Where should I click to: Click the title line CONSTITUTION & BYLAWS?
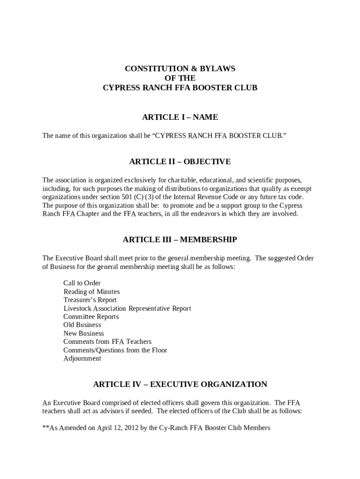[x=180, y=69]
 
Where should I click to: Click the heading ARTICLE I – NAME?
[x=180, y=117]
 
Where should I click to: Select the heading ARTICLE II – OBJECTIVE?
[x=180, y=162]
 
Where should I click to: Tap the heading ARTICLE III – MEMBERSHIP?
[x=180, y=240]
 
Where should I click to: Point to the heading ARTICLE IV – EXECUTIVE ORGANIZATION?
[x=180, y=385]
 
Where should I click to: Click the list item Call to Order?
[x=82, y=283]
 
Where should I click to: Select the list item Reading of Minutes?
[x=92, y=291]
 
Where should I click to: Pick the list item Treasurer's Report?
[x=90, y=300]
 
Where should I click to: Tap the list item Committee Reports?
[x=91, y=317]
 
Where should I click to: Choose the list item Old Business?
[x=82, y=325]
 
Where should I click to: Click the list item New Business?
[x=84, y=334]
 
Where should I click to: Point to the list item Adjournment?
[x=82, y=359]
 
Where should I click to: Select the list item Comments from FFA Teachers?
[x=108, y=342]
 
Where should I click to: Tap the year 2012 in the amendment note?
[x=130, y=428]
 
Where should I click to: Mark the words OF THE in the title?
[x=180, y=78]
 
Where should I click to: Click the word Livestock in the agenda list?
[x=77, y=308]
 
